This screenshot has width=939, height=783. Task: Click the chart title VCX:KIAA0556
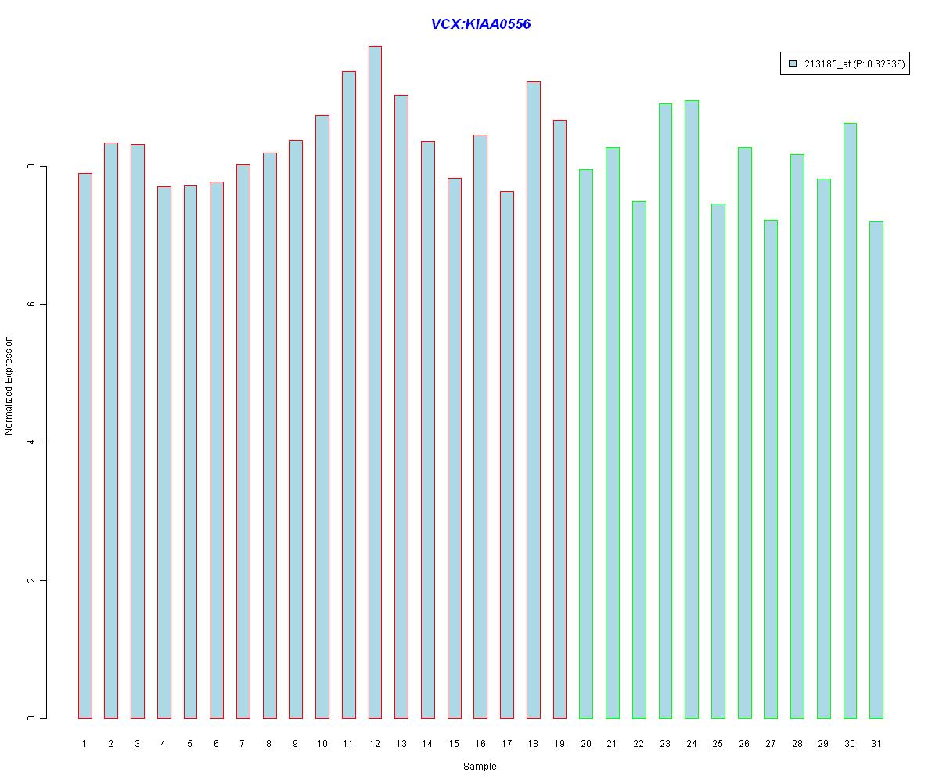[x=480, y=24]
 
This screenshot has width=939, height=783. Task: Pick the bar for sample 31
[x=876, y=469]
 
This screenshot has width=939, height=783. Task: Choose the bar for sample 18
[x=533, y=399]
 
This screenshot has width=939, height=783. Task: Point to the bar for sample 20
[x=586, y=443]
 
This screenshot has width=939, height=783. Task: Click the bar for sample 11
[x=348, y=395]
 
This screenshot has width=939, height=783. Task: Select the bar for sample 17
[x=507, y=454]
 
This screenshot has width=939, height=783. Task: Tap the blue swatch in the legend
[x=793, y=64]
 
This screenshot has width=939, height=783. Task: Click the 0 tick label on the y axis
[x=31, y=718]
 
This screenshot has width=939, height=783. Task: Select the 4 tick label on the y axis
[x=31, y=442]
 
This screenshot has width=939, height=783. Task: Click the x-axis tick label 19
[x=559, y=743]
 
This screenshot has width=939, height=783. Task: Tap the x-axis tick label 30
[x=850, y=743]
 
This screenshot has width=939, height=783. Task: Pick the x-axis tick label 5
[x=189, y=743]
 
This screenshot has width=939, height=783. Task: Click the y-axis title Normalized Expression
[x=9, y=385]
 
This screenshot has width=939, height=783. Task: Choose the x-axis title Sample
[x=480, y=767]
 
